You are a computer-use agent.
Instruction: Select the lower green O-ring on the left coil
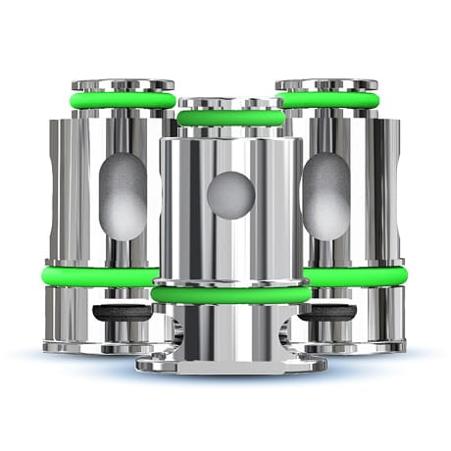[98, 276]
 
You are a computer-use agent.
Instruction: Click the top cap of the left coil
[123, 85]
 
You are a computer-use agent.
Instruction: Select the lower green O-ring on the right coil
[353, 276]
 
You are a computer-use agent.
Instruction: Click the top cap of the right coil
[326, 85]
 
